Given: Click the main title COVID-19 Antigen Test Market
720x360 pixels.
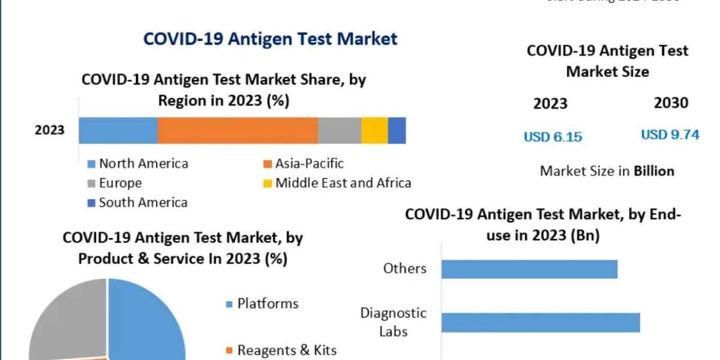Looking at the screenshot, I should click(x=270, y=39).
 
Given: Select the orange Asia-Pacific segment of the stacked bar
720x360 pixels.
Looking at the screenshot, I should click(x=238, y=130).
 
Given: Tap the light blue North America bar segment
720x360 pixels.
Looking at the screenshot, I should click(x=118, y=130).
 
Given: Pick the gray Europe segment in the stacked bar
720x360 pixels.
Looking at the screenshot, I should click(x=340, y=130).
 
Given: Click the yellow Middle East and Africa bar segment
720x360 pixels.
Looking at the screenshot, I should click(x=374, y=130).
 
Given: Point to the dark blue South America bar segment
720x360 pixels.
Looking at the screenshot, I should click(x=397, y=130).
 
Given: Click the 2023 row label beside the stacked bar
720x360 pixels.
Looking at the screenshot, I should click(x=49, y=130).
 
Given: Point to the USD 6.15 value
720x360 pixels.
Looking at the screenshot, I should click(x=553, y=137).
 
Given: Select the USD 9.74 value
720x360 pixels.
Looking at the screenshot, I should click(x=670, y=135).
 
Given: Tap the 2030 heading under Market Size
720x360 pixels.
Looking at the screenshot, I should click(x=671, y=103).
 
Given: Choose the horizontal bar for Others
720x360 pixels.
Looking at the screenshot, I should click(x=529, y=269).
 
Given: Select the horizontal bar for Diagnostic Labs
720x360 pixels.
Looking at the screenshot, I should click(x=541, y=322).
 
